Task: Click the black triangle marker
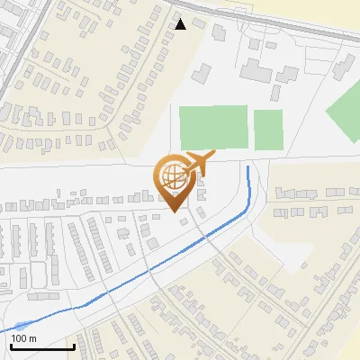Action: (x=181, y=24)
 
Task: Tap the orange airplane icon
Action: (x=200, y=165)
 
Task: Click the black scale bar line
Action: (x=41, y=347)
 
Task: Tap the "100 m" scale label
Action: (x=23, y=338)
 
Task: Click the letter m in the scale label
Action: (x=32, y=338)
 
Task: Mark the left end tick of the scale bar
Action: (x=11, y=346)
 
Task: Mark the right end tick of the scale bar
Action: (x=73, y=346)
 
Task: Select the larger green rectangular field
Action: (x=213, y=128)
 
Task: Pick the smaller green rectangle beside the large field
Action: (x=267, y=130)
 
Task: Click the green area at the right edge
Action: (x=344, y=110)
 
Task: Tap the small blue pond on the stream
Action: (x=20, y=325)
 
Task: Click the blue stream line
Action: (x=162, y=265)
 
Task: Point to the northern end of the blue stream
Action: (x=248, y=166)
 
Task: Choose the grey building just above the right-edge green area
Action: (x=346, y=65)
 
